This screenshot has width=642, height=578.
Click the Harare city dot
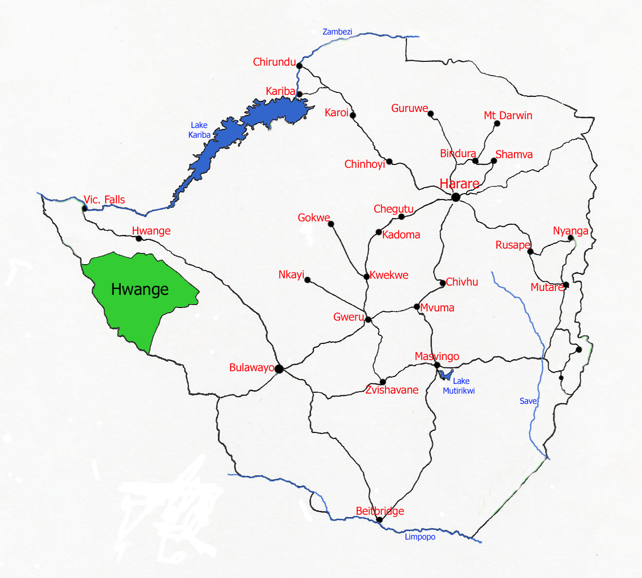click(x=456, y=197)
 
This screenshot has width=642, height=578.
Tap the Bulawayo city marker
click(x=279, y=369)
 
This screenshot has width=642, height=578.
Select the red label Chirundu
click(x=274, y=62)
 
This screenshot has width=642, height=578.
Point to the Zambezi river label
click(x=337, y=32)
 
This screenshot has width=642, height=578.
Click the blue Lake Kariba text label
click(x=200, y=130)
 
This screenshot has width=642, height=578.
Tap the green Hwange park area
click(x=140, y=297)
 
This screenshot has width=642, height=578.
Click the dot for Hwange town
click(x=139, y=238)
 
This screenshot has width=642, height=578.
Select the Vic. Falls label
click(x=104, y=199)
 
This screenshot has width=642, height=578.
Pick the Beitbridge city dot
click(x=380, y=520)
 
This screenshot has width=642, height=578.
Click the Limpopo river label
click(x=420, y=537)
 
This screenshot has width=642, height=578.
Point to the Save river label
click(x=528, y=401)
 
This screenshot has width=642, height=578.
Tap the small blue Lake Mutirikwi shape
click(x=445, y=375)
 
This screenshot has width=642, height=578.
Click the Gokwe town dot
click(x=331, y=224)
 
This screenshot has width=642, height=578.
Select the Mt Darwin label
click(x=508, y=115)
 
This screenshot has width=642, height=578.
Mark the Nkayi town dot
click(x=307, y=280)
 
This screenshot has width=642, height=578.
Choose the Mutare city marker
click(x=566, y=285)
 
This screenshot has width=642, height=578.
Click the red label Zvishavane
click(x=392, y=390)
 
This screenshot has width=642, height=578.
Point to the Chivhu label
click(x=462, y=282)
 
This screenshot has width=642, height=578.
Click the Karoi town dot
click(x=353, y=115)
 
